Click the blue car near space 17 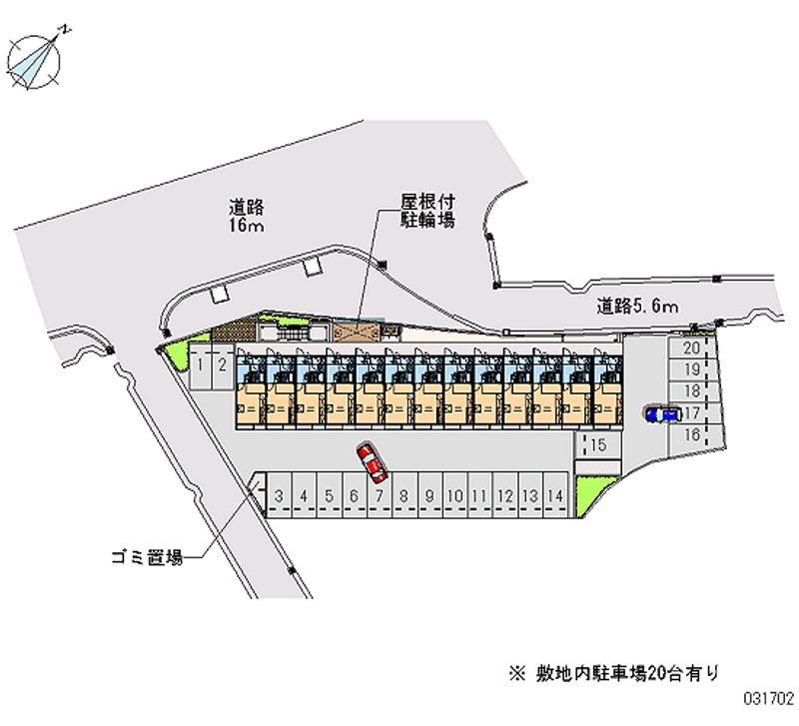point(662,413)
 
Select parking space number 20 point(690,349)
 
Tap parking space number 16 point(690,433)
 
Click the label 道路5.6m point(639,306)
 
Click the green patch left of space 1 point(176,352)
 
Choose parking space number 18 point(690,390)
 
